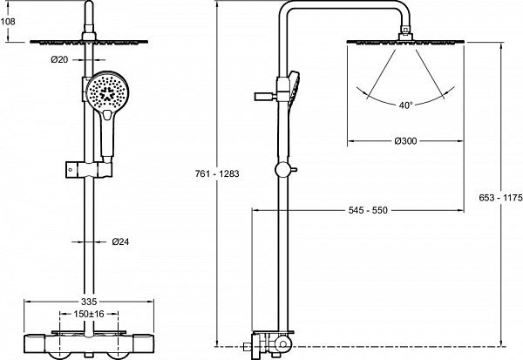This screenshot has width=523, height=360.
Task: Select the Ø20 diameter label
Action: point(59,60)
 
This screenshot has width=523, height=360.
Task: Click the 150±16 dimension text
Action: point(88,314)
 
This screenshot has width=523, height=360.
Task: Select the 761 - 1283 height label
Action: point(217,174)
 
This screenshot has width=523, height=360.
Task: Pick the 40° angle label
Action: point(405,105)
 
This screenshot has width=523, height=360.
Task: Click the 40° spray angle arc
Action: point(405,96)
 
